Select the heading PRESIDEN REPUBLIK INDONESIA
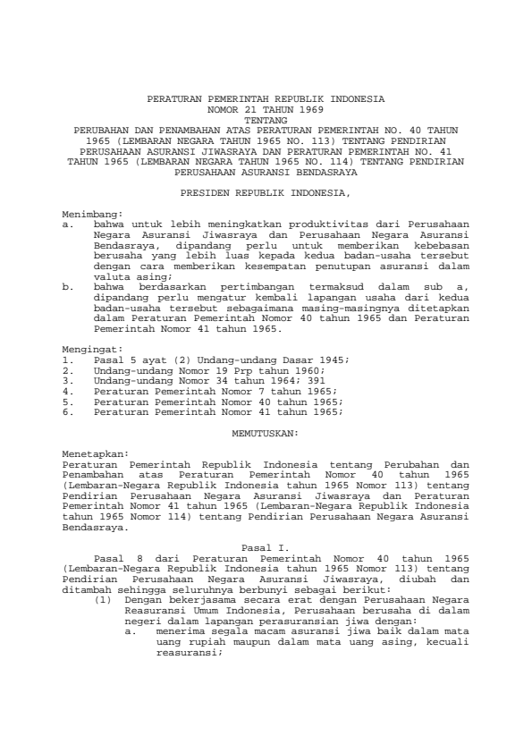266,191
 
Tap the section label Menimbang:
91,216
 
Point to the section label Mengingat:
91,350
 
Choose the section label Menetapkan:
94,454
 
